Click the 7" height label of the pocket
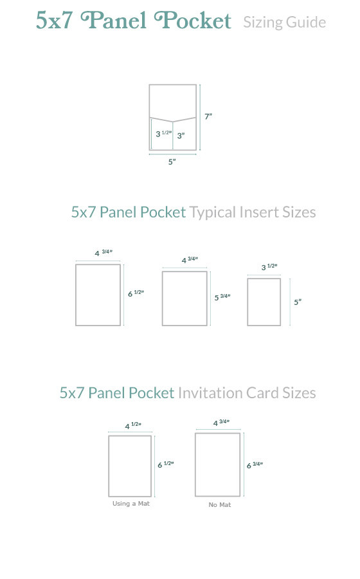208,116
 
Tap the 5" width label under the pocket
172,162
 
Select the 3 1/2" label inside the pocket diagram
163,134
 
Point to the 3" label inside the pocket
181,135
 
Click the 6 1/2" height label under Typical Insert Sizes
135,293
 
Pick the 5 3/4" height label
222,297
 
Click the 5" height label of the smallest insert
298,301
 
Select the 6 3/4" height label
255,464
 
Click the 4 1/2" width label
132,425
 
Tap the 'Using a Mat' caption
131,504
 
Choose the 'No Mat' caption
220,505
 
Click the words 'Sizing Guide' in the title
284,23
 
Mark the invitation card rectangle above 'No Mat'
217,464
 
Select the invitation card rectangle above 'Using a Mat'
130,466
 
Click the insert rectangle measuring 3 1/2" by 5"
264,302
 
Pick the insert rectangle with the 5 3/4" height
184,299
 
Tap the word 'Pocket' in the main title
192,21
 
